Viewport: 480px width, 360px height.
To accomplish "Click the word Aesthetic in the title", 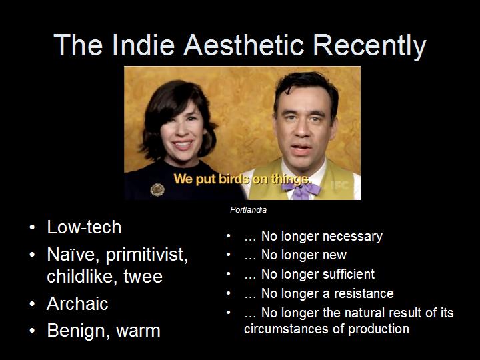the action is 244,45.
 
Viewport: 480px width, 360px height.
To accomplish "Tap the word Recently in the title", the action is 369,47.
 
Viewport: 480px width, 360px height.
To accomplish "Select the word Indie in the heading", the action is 143,45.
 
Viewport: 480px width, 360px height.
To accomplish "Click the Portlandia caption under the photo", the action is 248,210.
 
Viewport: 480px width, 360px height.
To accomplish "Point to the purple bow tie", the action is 301,189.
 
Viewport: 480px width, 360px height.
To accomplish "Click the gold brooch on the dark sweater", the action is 157,190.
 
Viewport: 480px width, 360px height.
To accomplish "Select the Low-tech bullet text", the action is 84,227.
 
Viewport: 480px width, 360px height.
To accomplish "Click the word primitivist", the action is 147,255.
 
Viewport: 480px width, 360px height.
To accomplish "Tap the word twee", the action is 143,277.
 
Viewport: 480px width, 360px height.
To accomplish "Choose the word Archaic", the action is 77,303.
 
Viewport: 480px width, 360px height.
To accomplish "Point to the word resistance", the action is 364,293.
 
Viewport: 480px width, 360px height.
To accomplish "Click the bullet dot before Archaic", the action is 32,304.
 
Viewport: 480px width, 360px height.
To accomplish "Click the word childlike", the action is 82,276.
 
